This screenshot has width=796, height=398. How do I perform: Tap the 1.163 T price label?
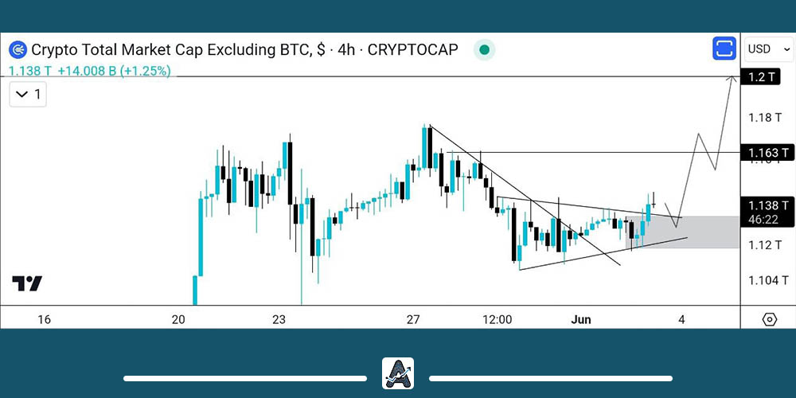pos(767,152)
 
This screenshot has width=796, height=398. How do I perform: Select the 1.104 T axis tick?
pos(767,280)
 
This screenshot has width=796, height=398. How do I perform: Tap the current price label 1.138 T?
pos(767,205)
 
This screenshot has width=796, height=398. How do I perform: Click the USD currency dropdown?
pos(768,49)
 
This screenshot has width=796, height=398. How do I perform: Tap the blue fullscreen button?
pos(724,49)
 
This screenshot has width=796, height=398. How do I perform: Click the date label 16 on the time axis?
pos(44,319)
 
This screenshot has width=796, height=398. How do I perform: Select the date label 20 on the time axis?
pos(178,319)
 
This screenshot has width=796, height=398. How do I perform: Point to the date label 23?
pos(279,319)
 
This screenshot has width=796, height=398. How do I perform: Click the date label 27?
pos(412,319)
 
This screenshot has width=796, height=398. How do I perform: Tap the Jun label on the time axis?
pos(581,319)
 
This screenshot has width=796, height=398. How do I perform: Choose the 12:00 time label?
pos(497,319)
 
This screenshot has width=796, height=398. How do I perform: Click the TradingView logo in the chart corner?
pos(27,283)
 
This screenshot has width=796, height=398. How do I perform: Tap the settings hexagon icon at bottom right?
pos(769,319)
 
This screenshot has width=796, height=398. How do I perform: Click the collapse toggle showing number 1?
pos(28,96)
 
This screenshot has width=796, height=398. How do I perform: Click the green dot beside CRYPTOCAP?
pos(484,50)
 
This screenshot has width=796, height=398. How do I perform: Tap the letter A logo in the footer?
pos(397,373)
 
